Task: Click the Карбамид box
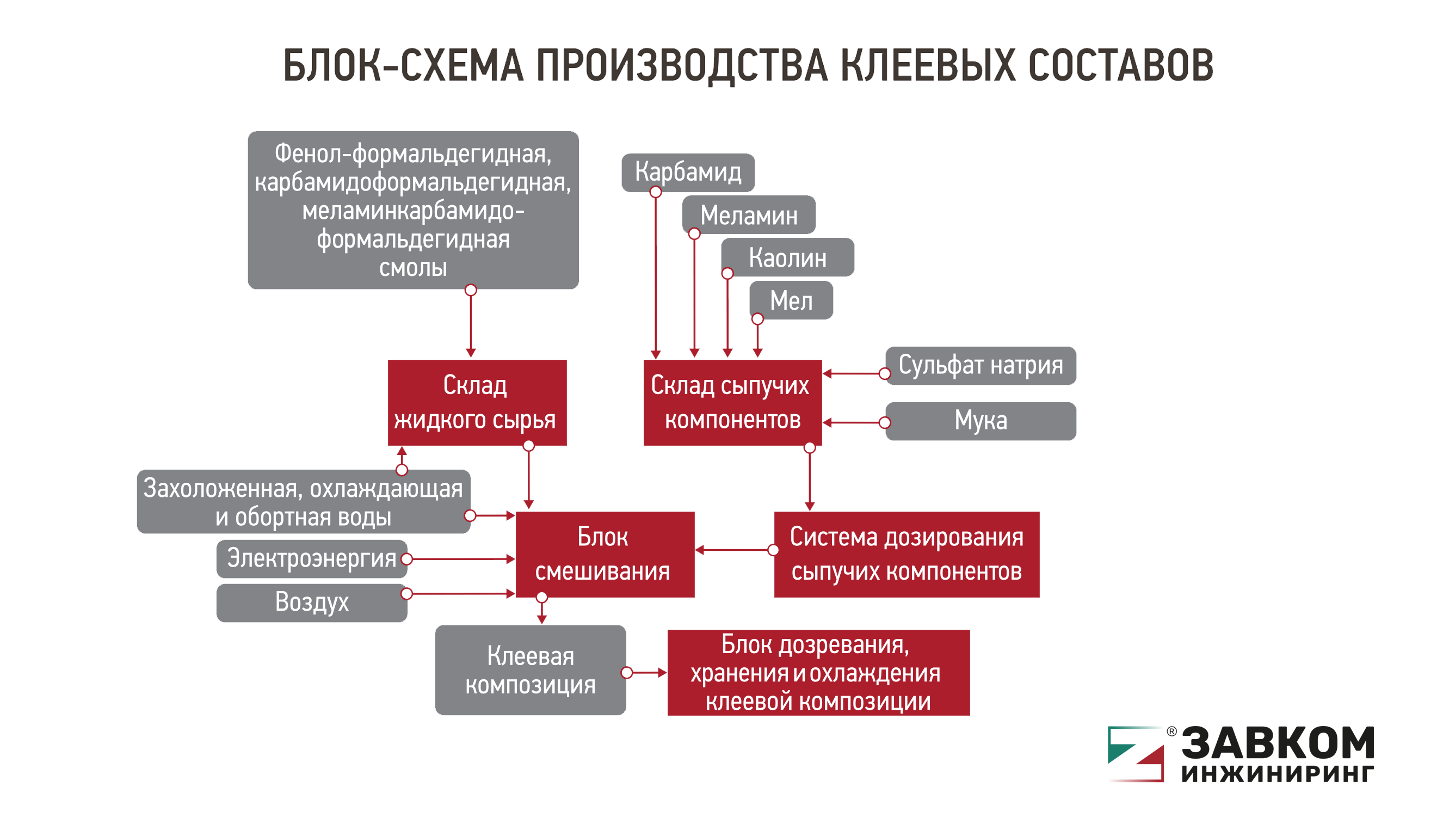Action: click(688, 173)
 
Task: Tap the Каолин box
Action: click(788, 257)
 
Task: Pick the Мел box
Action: click(791, 300)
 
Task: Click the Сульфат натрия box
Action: click(980, 365)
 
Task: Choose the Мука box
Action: click(980, 421)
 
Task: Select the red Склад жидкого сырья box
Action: click(477, 403)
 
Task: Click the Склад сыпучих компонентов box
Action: click(732, 403)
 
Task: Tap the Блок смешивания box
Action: click(605, 554)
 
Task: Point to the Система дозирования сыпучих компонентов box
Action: click(906, 554)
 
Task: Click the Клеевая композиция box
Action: click(531, 670)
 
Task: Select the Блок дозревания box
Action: click(818, 673)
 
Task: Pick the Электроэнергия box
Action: click(311, 559)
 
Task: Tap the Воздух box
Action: click(311, 603)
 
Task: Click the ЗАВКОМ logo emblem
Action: click(1136, 754)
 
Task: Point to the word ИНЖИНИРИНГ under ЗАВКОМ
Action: click(1278, 774)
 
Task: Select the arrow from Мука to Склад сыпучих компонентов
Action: click(854, 422)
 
